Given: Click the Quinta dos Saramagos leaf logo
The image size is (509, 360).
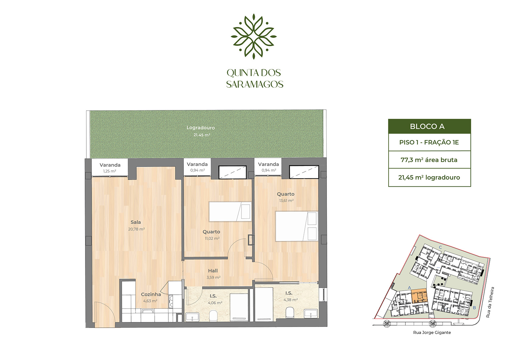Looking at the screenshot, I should (253, 36).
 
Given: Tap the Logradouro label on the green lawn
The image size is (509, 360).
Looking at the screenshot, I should (200, 128).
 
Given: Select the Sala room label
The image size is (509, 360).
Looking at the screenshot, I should (136, 222).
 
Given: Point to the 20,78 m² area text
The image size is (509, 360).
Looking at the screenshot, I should (136, 229).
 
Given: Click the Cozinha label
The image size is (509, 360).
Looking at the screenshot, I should (151, 294).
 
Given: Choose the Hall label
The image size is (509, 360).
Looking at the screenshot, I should (213, 271).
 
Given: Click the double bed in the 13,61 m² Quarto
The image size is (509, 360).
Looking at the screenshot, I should (296, 226).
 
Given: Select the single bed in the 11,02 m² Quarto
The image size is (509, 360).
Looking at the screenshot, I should (229, 212).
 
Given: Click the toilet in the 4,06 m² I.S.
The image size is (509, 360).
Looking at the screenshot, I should (213, 315).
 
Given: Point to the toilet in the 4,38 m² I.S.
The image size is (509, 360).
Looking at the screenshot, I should (290, 313).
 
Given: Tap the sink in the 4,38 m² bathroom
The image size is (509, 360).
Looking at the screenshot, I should (311, 313).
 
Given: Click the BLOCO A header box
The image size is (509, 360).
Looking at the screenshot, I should (429, 127).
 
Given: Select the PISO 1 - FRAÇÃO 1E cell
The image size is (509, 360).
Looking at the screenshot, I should (429, 142).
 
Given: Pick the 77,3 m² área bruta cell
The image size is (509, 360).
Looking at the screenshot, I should (429, 160).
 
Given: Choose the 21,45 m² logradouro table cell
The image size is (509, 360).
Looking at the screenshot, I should (429, 178).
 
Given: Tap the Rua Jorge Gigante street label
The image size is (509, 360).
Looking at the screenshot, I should (432, 333).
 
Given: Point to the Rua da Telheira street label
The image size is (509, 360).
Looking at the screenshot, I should (490, 302).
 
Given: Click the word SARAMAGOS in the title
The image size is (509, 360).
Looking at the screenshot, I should (255, 84).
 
